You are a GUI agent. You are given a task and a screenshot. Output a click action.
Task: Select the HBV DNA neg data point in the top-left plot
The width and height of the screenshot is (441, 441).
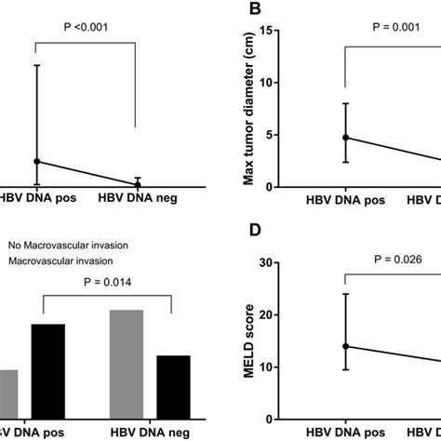click(x=138, y=183)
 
